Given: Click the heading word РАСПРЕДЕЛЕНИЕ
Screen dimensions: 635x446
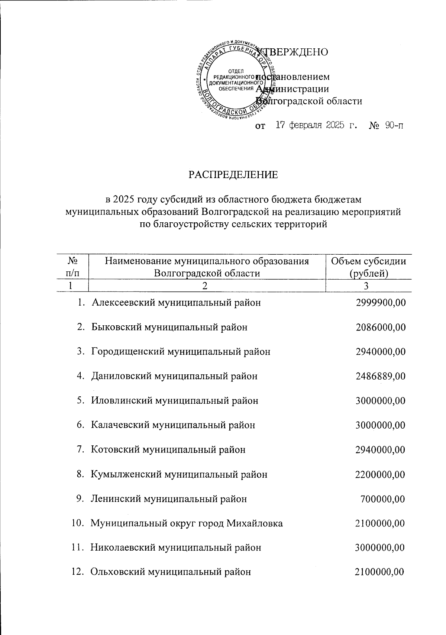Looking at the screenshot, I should coord(233,174).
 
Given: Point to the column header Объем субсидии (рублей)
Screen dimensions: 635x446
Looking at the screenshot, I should coord(368,267).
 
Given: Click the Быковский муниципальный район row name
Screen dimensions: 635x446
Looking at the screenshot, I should coord(169,327).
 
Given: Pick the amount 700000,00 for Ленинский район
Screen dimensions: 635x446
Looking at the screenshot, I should coord(382,499).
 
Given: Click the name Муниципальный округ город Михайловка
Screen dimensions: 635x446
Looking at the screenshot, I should coord(187,523).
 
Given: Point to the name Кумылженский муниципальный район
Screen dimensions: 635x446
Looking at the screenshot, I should coord(179,474).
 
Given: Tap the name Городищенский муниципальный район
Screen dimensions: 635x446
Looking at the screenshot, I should coord(181,352).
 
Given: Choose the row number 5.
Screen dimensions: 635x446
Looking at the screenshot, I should coord(80,401).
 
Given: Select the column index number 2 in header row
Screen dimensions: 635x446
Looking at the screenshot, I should coord(207,286).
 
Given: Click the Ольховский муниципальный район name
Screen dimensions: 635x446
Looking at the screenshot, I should coord(171,572).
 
